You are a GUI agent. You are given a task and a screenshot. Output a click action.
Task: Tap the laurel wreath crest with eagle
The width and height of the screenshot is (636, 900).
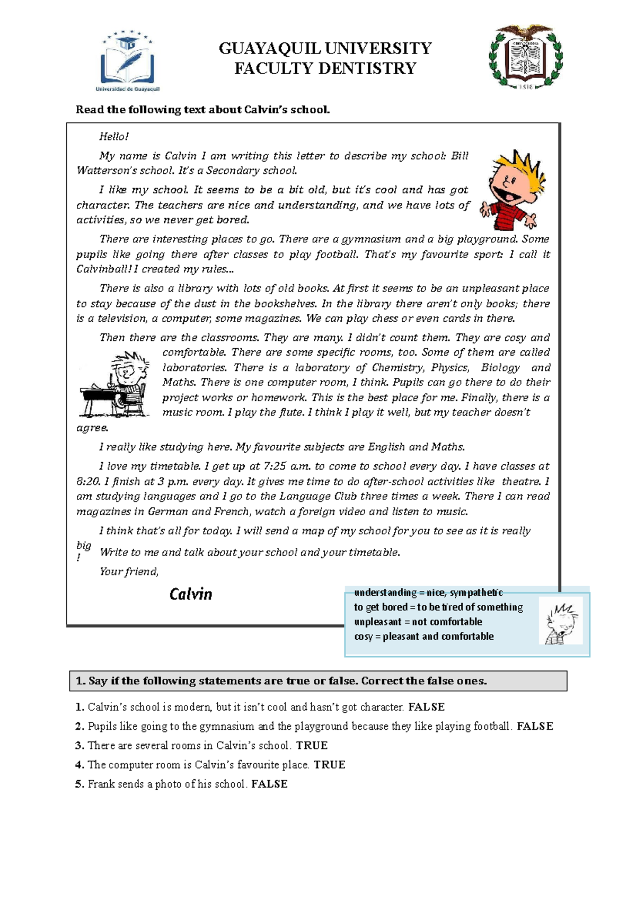click(525, 57)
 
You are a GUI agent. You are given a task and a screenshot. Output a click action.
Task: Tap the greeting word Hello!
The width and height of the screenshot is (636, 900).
click(114, 137)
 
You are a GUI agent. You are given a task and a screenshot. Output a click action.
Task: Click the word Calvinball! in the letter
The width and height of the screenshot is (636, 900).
click(103, 269)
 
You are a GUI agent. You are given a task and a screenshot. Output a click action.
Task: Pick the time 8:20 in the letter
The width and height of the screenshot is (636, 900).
click(88, 482)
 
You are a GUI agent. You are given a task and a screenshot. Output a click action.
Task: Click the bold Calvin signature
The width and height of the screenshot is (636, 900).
click(191, 594)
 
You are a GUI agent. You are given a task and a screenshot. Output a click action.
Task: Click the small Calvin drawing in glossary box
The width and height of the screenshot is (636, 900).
click(561, 622)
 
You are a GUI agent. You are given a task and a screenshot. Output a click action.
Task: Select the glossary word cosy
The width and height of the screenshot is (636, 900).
click(363, 637)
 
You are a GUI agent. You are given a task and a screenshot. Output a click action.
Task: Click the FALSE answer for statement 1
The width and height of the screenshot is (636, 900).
click(426, 707)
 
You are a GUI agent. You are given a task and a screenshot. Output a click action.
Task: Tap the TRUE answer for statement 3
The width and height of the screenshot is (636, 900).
click(312, 746)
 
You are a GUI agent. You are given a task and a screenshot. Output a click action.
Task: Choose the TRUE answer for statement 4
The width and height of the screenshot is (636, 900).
click(329, 765)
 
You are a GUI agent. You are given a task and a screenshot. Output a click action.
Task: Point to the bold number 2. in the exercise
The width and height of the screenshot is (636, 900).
click(80, 727)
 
